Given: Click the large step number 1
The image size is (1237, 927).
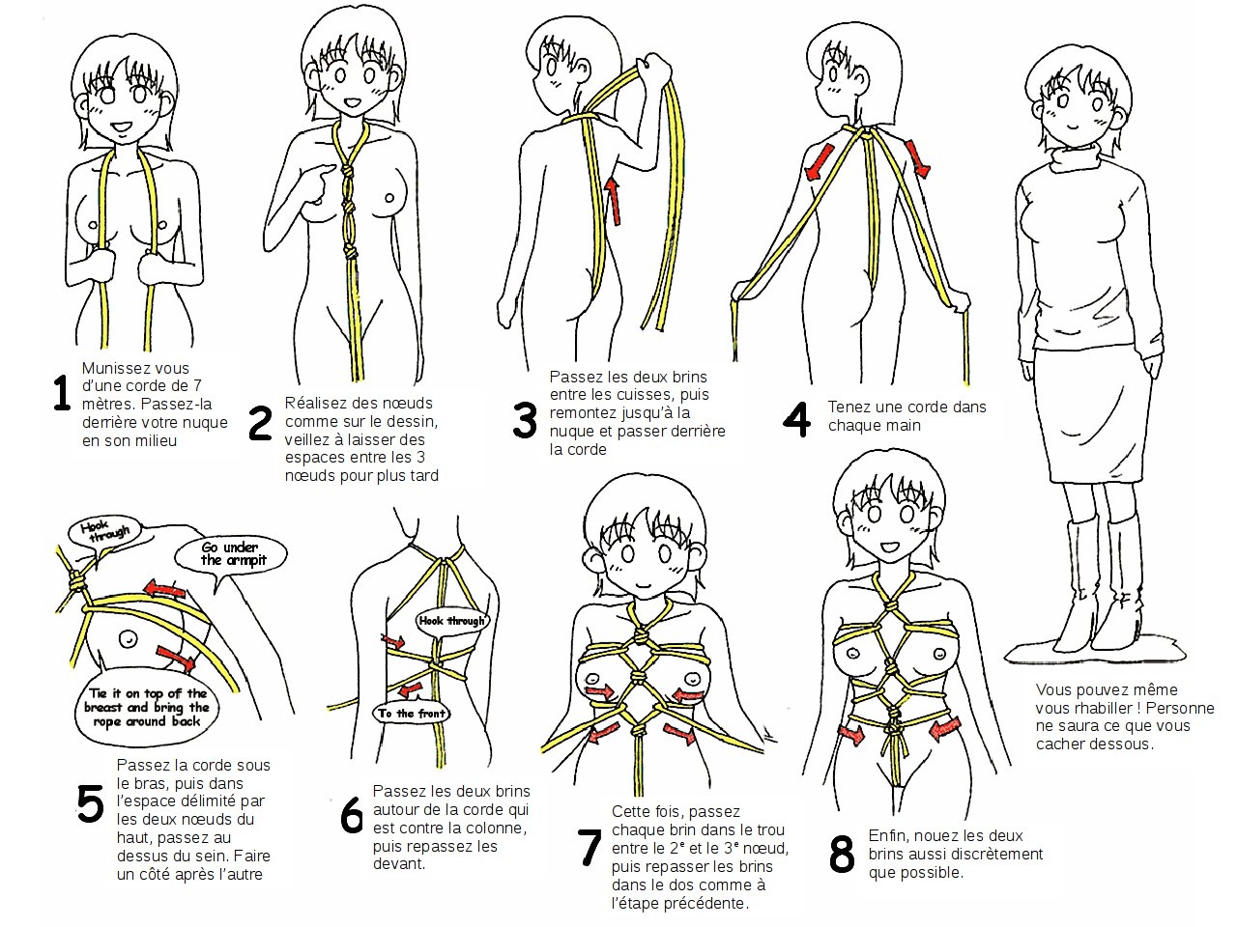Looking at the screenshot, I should coord(61,394).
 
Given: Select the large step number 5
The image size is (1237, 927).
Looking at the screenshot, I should coord(90,804).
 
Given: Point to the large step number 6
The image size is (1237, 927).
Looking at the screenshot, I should coord(352,816).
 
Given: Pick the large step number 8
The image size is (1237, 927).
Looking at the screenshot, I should coord(842,855).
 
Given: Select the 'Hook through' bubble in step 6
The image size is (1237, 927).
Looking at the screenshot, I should coord(450,620).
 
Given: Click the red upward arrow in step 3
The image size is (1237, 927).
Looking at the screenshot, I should coord(612,200).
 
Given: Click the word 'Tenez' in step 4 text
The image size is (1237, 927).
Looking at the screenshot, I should coord(848,407).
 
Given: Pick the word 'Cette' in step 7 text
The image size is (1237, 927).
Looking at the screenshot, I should coord(630,812).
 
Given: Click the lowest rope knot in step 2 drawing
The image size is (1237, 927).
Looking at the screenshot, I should coord(353,249).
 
